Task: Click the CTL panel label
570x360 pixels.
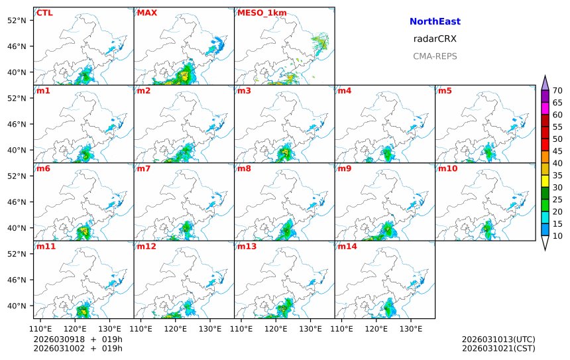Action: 44,13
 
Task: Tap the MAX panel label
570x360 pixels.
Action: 146,13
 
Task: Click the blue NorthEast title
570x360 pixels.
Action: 435,22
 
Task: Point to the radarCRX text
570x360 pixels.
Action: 435,39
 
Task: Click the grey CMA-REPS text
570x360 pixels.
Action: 435,56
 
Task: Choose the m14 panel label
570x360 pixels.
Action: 347,247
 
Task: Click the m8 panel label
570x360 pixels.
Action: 244,168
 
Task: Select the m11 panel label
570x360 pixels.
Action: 46,247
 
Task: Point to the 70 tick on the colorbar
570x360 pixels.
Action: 557,91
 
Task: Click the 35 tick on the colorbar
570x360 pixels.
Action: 557,175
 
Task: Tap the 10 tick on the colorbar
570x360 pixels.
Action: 557,235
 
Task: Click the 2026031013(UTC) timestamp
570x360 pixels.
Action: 498,339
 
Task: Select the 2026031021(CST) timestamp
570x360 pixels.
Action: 498,348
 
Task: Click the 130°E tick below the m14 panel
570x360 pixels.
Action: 411,328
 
